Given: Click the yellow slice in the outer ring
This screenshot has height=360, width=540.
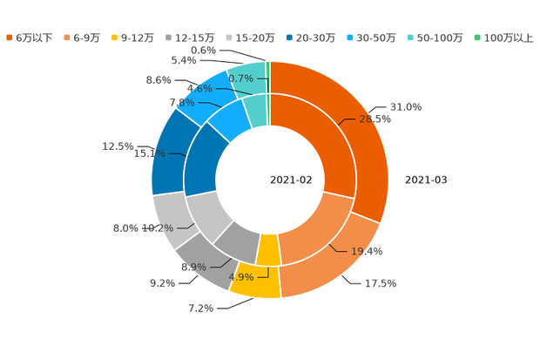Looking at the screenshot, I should coord(258,283).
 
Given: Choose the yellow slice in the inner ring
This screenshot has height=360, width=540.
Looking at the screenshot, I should coord(268,249).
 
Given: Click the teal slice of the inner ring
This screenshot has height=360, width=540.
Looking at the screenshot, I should coord(256,108).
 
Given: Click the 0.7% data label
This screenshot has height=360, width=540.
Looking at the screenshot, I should coord(240,78).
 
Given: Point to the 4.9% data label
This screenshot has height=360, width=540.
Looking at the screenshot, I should coord(241,277).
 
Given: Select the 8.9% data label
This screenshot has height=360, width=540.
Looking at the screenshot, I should coord(192,267).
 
